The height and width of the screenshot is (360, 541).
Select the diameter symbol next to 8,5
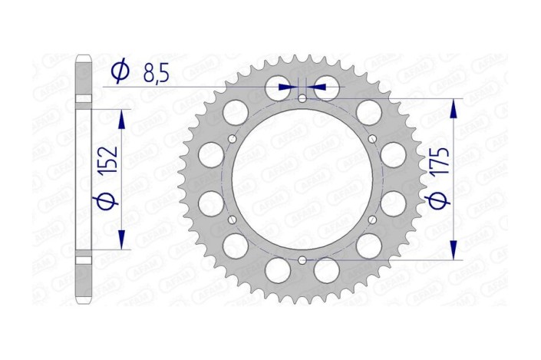120,72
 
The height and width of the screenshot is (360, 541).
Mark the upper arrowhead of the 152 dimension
120,119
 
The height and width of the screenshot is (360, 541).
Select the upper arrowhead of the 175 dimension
455,108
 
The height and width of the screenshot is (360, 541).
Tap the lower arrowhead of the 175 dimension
455,249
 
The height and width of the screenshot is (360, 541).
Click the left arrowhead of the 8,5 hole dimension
287,88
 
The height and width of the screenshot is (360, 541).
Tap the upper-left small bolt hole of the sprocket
232,139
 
